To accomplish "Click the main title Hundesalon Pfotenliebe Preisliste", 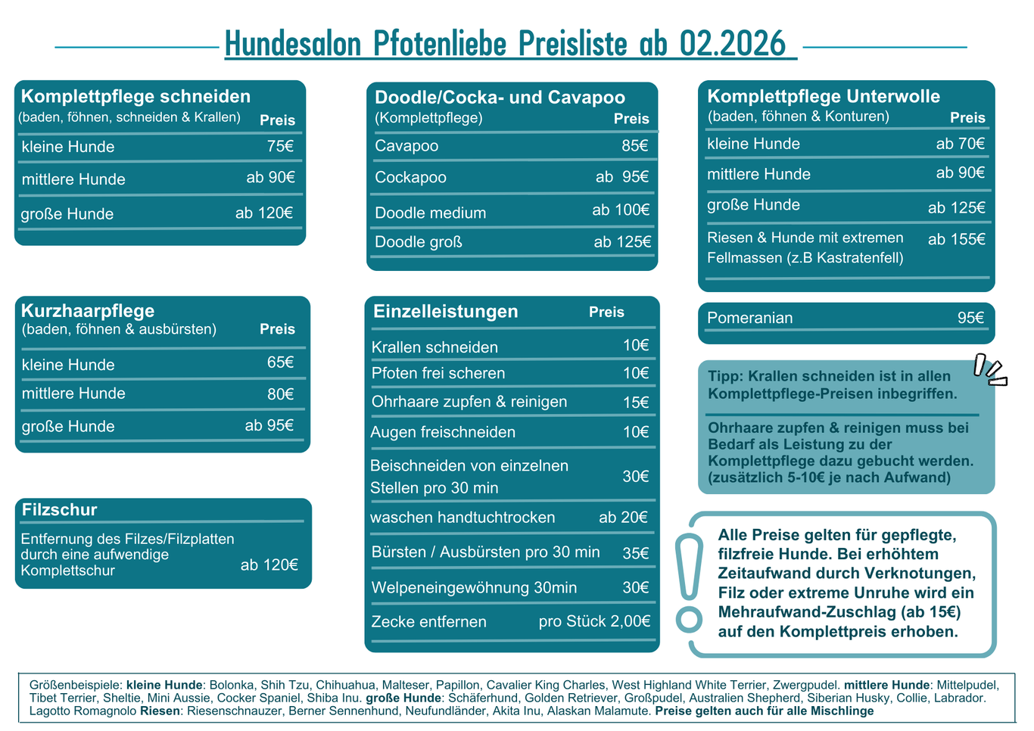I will pos(505,44).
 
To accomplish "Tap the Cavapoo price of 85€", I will pos(635,145).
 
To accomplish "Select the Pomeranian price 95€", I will pos(970,318).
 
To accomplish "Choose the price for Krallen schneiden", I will pos(636,346).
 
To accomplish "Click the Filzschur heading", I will pos(59,509).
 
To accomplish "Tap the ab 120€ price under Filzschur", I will pos(269,565).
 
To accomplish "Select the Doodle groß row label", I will pos(418,242).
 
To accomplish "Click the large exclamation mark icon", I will pos(689,583).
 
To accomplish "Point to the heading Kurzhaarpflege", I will pos(88,310).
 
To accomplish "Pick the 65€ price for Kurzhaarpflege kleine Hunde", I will pos(280,362).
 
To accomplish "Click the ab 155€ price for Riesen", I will pos(956,239).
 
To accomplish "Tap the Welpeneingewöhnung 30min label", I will pos(474,587).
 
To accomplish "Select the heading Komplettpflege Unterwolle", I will pos(824,96).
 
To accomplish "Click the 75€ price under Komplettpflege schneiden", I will pos(280,146).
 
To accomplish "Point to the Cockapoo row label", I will pos(410,177).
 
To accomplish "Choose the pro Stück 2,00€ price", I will pos(594,621).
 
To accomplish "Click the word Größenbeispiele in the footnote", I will pos(76,685).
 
